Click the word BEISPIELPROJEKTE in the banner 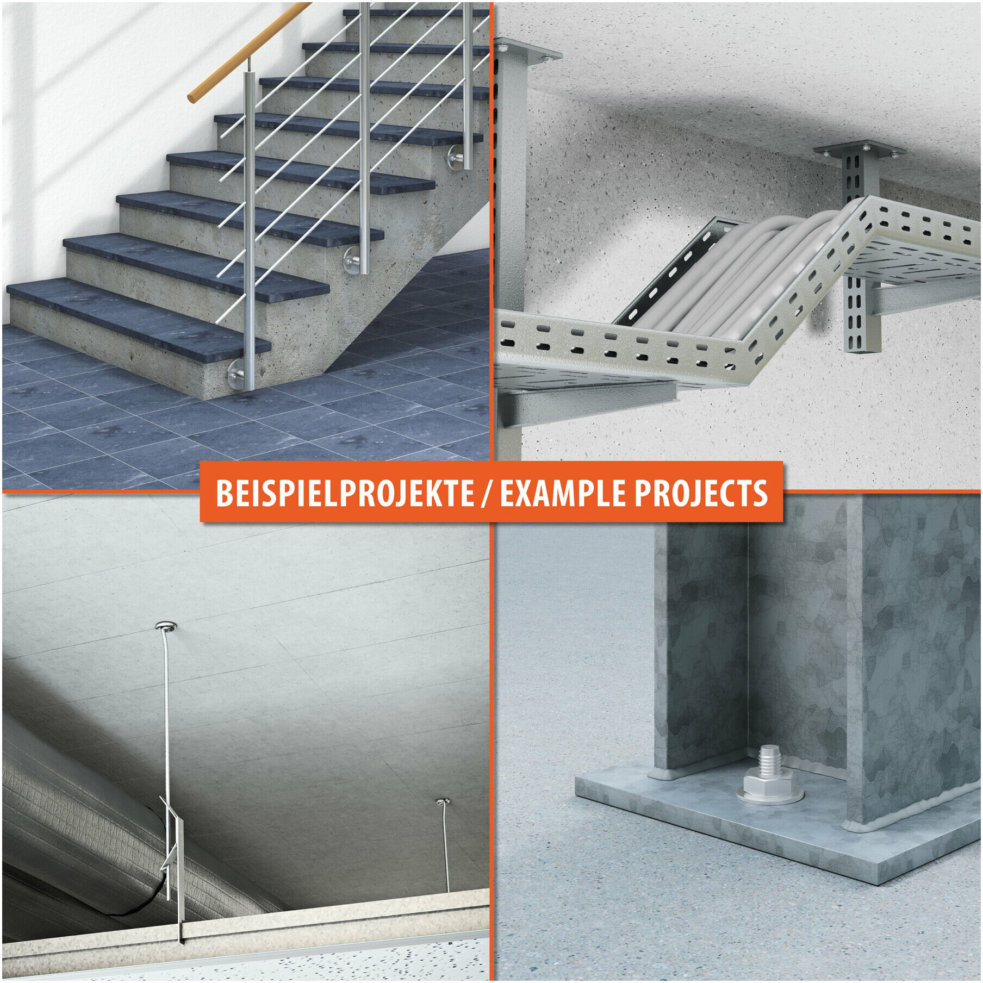click(x=345, y=493)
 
